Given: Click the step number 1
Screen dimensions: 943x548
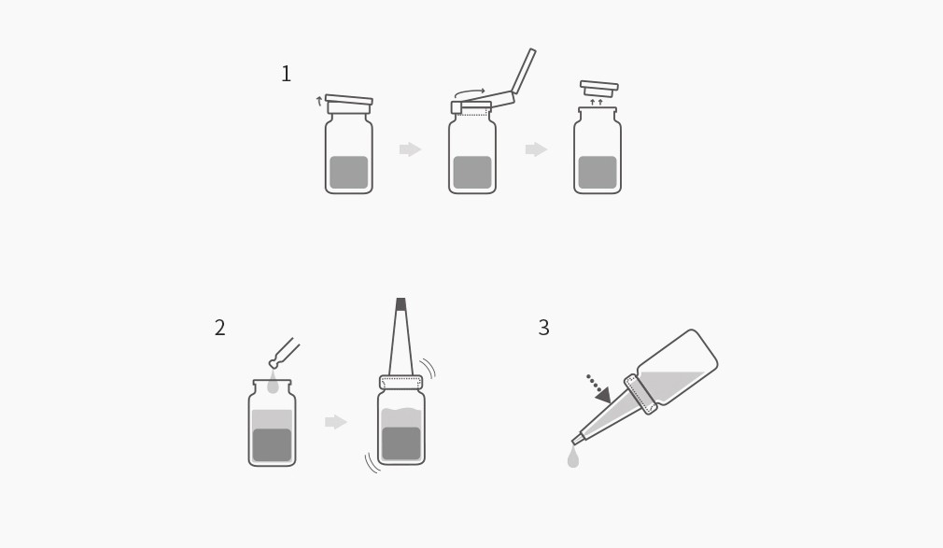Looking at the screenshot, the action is (x=287, y=74).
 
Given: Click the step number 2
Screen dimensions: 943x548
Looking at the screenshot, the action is (x=220, y=328).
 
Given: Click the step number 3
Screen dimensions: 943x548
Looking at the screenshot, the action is (x=543, y=328).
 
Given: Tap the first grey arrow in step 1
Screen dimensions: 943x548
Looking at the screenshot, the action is (x=410, y=149).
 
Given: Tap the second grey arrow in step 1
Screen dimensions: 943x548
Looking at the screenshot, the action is (x=536, y=149).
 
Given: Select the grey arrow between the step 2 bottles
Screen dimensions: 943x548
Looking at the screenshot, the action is (x=335, y=422).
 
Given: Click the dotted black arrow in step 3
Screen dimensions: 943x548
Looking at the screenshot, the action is (x=599, y=389).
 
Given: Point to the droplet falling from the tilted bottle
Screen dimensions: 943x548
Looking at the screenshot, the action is (x=573, y=457).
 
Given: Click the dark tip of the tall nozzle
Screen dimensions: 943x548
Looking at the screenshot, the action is (x=401, y=304).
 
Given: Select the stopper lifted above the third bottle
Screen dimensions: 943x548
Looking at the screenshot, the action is (x=599, y=89).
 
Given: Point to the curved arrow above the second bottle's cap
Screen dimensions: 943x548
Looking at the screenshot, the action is (x=469, y=93).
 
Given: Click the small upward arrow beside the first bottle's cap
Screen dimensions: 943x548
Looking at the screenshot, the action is (x=319, y=101).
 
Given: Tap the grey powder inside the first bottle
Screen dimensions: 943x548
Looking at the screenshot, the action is (x=349, y=172).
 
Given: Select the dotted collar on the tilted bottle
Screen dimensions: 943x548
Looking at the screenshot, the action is (x=640, y=395).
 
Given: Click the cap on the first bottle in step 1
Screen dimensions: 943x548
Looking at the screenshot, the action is (x=349, y=104).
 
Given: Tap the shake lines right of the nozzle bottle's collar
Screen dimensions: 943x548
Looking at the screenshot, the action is (x=428, y=368).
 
